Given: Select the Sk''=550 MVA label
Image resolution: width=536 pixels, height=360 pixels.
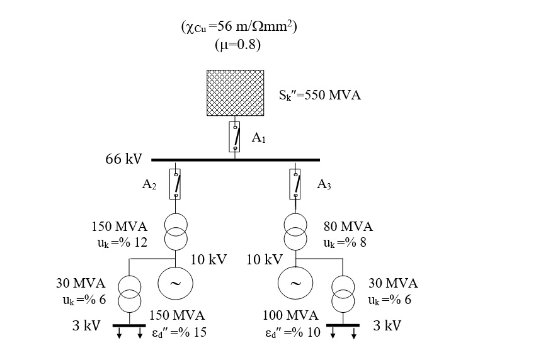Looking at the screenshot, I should (320, 96).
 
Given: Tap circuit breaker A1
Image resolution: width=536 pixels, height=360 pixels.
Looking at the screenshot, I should (234, 137).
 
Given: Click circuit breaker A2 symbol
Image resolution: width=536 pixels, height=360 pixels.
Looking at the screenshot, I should (176, 184).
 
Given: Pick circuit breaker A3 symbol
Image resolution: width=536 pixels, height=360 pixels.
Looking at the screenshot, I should (295, 184).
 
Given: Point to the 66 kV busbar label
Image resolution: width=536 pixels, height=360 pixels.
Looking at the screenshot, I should (123, 159).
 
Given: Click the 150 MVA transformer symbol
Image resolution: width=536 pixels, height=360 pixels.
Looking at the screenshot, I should (176, 232).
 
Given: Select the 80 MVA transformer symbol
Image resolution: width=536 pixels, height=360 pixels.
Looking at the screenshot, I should (295, 232).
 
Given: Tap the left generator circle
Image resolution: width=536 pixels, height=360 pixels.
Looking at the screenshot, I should (176, 283).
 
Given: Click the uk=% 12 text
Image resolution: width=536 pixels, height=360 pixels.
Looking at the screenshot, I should (122, 243).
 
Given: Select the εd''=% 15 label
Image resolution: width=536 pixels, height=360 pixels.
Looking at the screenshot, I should (179, 332).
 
